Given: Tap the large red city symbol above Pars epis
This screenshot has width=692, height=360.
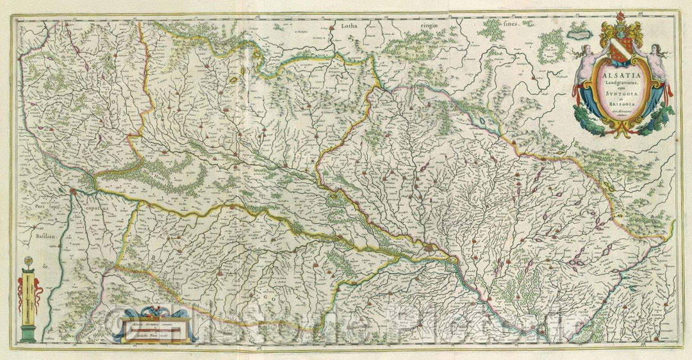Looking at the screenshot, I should [74, 191].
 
